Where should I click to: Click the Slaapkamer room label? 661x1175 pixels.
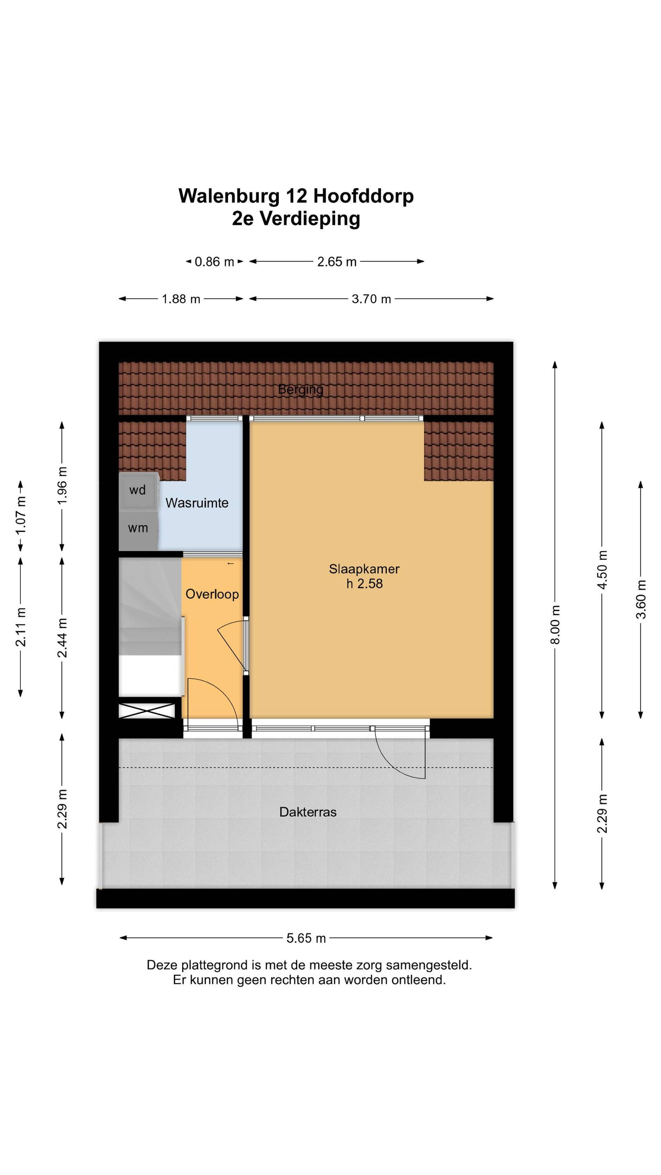364,569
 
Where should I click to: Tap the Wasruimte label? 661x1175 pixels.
197,503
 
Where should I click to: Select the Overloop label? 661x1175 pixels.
212,594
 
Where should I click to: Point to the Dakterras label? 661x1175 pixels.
308,812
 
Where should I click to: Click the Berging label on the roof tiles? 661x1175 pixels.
301,389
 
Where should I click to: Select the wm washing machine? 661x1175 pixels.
138,529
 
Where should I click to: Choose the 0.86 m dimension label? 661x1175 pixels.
214,262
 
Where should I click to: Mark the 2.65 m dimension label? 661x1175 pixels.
337,262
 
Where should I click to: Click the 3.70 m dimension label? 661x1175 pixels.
371,299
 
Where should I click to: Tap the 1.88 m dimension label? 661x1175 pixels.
181,299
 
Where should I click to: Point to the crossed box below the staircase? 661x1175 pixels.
147,711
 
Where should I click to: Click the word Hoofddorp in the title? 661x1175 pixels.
363,196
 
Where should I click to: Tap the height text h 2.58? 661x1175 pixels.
364,584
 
